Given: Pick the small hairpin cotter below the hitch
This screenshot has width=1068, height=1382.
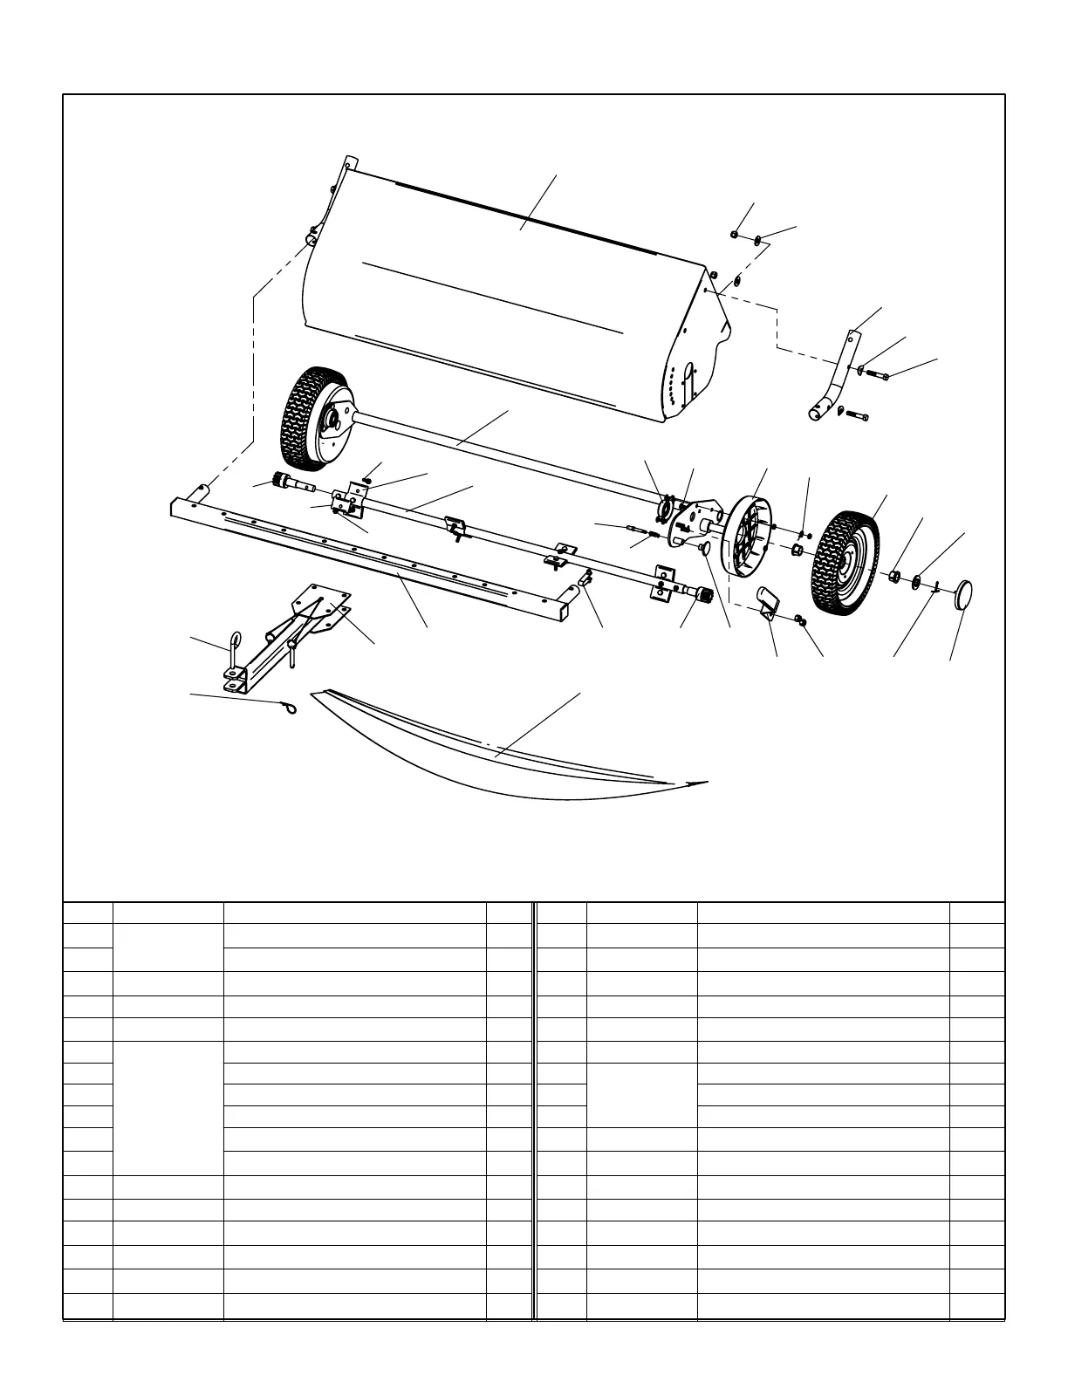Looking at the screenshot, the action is [288, 709].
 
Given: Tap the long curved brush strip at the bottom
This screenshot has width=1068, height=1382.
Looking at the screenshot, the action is [489, 750].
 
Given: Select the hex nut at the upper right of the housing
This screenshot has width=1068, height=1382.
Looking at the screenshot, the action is [736, 235].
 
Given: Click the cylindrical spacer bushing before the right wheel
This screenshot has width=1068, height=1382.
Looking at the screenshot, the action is [796, 550].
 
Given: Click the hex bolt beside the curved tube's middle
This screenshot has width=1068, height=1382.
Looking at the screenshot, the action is [876, 375].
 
